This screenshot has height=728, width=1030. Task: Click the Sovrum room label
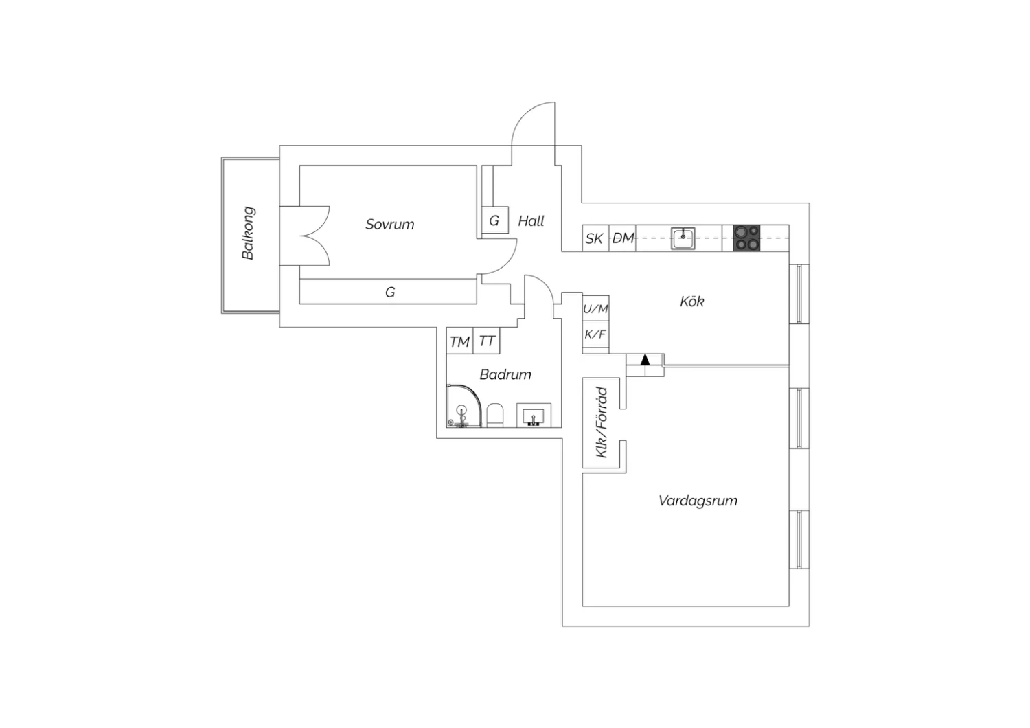point(390,224)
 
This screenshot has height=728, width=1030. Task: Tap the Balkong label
point(249,233)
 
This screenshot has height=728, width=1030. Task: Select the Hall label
point(531,221)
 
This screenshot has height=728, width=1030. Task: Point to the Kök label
point(692,302)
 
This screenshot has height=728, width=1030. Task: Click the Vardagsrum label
point(698,501)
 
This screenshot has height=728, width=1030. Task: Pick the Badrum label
point(505,374)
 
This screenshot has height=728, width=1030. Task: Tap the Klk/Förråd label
point(602,422)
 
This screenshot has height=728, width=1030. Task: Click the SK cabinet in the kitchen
point(596,238)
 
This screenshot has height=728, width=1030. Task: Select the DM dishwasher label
point(623,238)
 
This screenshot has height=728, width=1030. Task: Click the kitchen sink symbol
point(683,238)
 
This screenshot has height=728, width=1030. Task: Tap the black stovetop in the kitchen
point(747,238)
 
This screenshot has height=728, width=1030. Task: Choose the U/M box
point(596,308)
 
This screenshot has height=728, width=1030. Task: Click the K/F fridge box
point(596,334)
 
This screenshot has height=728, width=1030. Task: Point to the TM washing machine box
point(460,341)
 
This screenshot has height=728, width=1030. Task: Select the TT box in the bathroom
point(486,341)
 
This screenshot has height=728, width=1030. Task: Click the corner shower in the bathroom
point(464,406)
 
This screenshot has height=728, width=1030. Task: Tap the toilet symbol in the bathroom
point(495,416)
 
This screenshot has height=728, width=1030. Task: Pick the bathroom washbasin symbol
point(534,416)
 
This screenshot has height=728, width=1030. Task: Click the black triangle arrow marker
point(645,359)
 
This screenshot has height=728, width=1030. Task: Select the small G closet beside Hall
point(495,220)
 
